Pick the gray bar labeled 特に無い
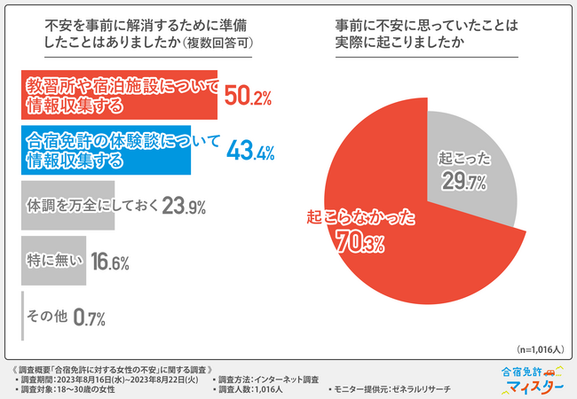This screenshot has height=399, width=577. (x=54, y=261)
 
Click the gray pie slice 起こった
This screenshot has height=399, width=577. (x=470, y=160)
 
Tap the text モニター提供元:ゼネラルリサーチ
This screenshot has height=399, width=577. (x=394, y=389)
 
